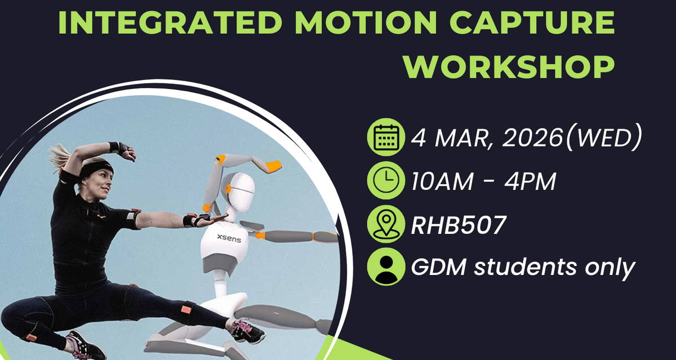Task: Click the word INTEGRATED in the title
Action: tap(171, 23)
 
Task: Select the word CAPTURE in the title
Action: tap(532, 23)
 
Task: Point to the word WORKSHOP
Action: tap(509, 67)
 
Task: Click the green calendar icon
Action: tap(386, 137)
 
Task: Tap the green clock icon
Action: tap(386, 180)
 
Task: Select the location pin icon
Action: tap(386, 224)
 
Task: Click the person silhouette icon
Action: tap(386, 266)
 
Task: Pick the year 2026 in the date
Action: tap(532, 138)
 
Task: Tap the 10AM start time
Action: tap(442, 181)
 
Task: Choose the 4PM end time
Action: tap(530, 181)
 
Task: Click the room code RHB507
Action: tap(459, 225)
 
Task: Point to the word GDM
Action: tap(439, 267)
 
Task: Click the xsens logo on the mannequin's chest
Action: tap(229, 238)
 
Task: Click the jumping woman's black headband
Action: tap(96, 169)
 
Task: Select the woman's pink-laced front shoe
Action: tap(247, 331)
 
